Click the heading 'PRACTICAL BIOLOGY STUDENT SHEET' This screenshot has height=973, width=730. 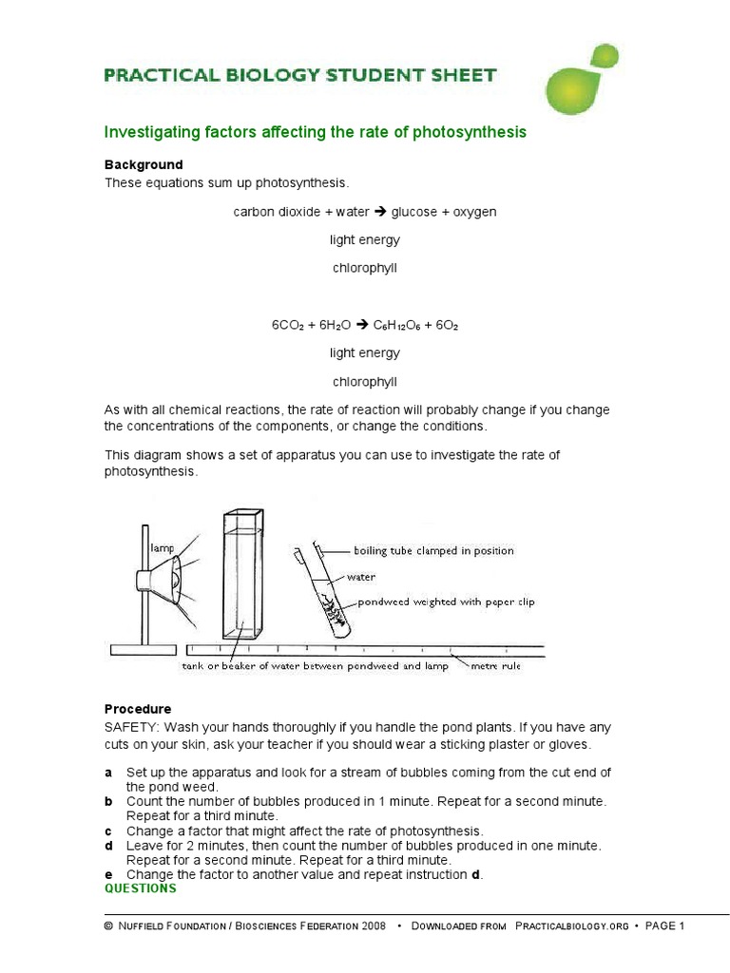[x=300, y=75]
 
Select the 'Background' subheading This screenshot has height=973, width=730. [x=144, y=164]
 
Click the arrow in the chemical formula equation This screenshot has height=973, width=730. [x=361, y=325]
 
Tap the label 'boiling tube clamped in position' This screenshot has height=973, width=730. [x=433, y=551]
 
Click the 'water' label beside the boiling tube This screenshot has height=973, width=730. [x=360, y=577]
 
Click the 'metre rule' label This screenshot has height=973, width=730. [x=495, y=666]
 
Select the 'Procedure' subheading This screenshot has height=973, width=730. [x=138, y=709]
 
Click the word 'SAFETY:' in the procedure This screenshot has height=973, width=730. [x=132, y=727]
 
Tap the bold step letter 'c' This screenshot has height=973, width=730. [x=108, y=830]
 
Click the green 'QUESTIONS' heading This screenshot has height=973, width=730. [x=141, y=888]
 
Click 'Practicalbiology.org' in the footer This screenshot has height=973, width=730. [x=571, y=926]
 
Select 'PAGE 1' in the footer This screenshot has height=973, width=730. [x=664, y=926]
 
